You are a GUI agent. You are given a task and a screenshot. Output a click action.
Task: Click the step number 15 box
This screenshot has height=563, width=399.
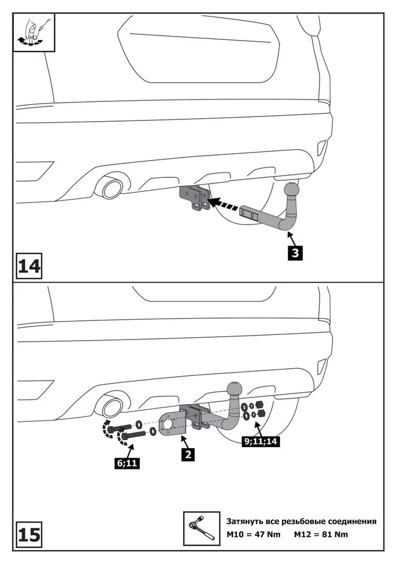29,533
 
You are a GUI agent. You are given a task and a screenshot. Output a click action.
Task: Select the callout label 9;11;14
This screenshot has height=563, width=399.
260,442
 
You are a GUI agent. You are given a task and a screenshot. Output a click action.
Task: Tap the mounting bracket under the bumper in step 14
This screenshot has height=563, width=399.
194,199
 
